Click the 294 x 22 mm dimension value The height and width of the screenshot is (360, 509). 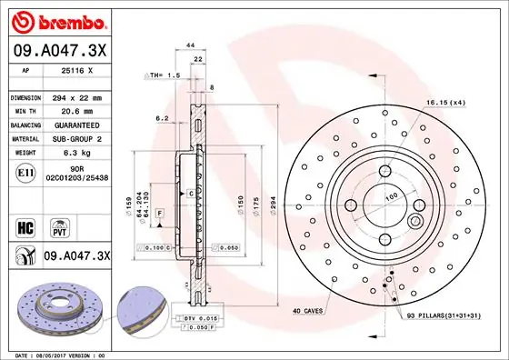pyautogui.click(x=80, y=96)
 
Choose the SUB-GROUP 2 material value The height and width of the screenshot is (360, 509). pyautogui.click(x=80, y=139)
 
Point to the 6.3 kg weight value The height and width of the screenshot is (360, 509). pyautogui.click(x=80, y=155)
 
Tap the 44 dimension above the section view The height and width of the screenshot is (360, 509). pyautogui.click(x=191, y=45)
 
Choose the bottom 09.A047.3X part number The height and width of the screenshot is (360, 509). pyautogui.click(x=76, y=257)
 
